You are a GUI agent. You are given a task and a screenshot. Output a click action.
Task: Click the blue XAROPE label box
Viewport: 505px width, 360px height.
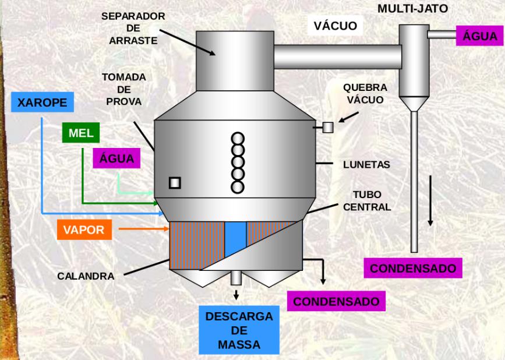(43, 103)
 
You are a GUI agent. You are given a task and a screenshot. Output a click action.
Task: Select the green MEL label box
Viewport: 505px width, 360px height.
(80, 133)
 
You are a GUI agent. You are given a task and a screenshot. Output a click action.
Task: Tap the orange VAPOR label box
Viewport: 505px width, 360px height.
(84, 230)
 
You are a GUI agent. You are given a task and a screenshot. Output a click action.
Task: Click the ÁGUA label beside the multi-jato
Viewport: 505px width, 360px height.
(480, 36)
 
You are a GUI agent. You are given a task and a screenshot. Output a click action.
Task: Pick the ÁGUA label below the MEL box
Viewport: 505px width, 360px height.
(116, 158)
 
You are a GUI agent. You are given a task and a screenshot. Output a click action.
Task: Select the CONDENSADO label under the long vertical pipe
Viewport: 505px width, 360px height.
(413, 269)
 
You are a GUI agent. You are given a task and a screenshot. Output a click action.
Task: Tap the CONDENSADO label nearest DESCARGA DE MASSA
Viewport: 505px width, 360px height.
(336, 302)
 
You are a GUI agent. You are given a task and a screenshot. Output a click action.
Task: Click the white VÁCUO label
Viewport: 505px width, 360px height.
(335, 26)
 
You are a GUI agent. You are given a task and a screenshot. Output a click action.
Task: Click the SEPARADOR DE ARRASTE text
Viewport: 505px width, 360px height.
(133, 29)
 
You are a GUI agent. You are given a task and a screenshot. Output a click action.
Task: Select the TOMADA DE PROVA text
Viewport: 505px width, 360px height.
(123, 89)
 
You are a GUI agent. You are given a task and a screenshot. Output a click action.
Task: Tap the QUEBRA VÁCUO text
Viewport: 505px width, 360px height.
(365, 93)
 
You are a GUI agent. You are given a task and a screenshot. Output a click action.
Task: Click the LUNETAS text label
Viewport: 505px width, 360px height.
(366, 165)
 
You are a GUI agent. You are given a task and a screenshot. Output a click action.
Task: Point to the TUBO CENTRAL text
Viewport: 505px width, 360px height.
(367, 200)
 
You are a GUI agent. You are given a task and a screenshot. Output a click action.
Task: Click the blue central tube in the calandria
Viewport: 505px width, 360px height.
(235, 238)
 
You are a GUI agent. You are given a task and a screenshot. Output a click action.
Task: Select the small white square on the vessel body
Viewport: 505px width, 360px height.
(174, 183)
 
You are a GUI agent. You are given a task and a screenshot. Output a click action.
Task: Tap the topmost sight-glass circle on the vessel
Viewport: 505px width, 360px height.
(237, 139)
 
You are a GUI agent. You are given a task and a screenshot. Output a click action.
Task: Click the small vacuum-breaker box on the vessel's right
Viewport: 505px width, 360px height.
(327, 126)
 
